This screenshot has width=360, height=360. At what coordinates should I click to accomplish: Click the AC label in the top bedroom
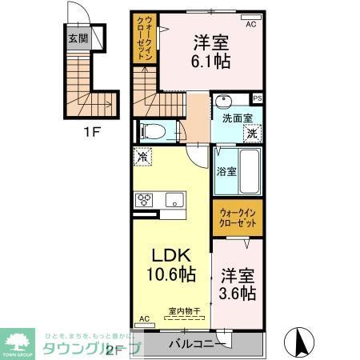click(250, 25)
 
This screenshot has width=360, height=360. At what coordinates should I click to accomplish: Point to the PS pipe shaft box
click(256, 98)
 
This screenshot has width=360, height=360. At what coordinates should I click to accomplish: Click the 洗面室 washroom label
click(238, 117)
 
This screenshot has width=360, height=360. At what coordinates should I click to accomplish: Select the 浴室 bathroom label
click(226, 170)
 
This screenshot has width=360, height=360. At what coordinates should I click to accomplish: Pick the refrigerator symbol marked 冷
click(143, 158)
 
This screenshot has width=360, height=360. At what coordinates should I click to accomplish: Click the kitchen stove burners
click(146, 200)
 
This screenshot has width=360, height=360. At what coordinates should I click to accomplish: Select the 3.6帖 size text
click(237, 294)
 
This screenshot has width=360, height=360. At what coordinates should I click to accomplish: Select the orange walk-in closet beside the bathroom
click(237, 217)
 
